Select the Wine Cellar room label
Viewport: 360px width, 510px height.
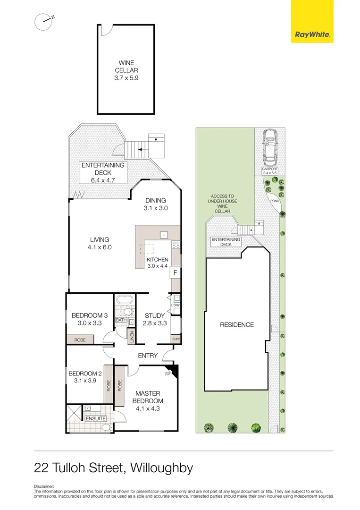pos(126,70)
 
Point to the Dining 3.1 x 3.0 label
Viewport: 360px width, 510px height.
pos(155,204)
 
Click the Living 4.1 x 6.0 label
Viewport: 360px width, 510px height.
pos(99,243)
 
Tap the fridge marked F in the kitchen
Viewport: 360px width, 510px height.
pos(175,272)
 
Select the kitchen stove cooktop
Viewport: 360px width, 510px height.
pos(176,245)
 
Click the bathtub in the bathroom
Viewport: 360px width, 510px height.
pos(125,300)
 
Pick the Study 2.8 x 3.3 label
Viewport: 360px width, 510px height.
pos(154,319)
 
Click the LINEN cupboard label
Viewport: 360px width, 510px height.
pos(132,337)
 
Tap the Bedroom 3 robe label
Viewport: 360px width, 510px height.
pos(80,339)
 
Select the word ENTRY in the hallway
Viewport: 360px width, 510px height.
pos(147,356)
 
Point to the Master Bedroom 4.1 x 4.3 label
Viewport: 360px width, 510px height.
pos(148,401)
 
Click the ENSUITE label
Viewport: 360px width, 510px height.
pos(96,418)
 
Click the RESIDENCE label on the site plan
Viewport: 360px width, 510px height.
pos(237,325)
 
